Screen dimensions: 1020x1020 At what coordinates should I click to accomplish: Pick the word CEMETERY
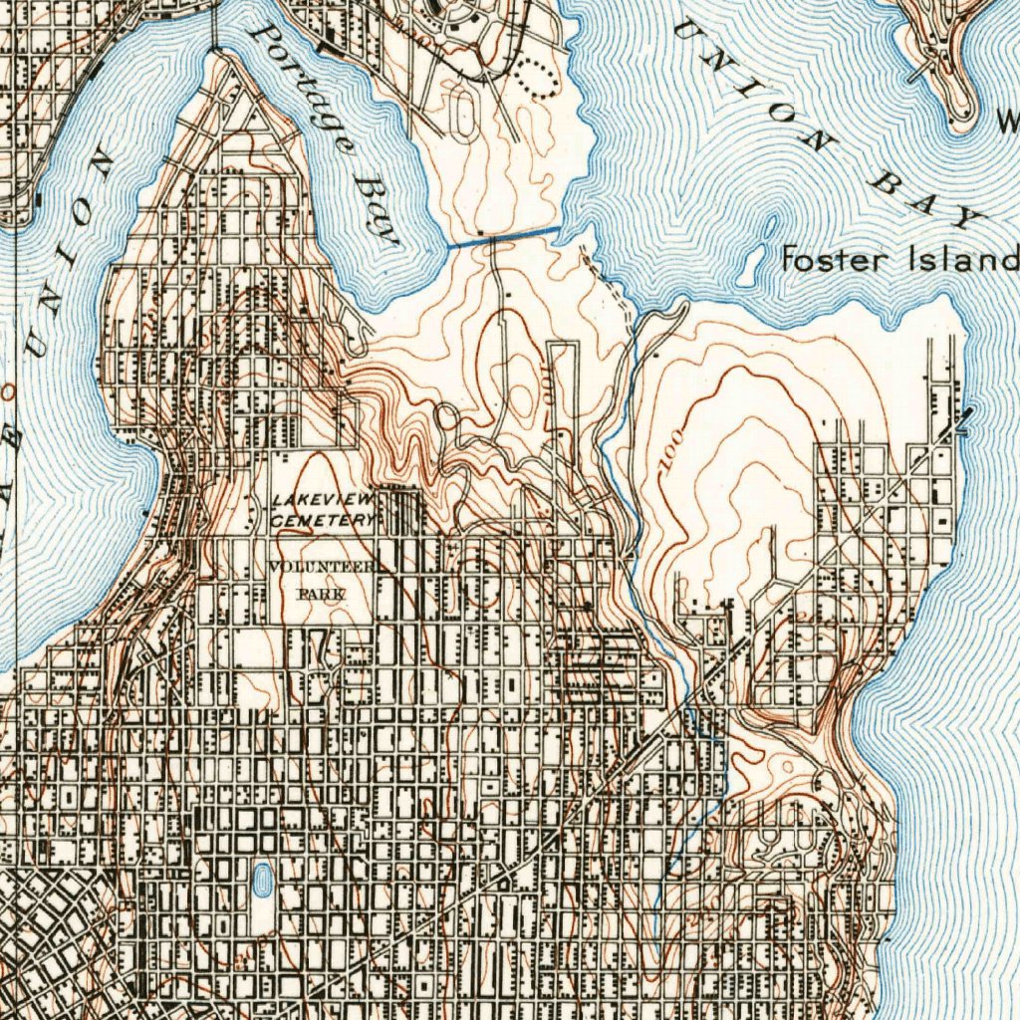point(321,520)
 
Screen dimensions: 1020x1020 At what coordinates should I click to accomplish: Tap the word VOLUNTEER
point(322,568)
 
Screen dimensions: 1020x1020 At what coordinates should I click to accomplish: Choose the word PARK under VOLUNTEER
point(322,594)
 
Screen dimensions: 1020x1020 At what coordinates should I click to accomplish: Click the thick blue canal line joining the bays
point(503,236)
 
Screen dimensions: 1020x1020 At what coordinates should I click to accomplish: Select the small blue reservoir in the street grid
point(262,880)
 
